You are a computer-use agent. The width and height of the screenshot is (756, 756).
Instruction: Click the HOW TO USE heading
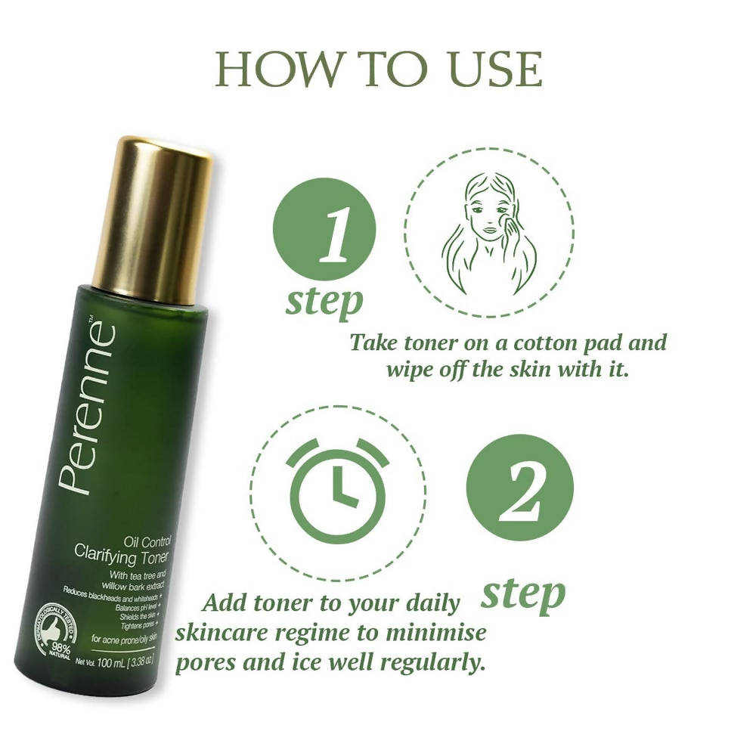pyautogui.click(x=378, y=70)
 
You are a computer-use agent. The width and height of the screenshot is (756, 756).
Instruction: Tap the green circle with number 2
pyautogui.click(x=519, y=487)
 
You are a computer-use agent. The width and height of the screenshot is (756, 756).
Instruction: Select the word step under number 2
pyautogui.click(x=523, y=593)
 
